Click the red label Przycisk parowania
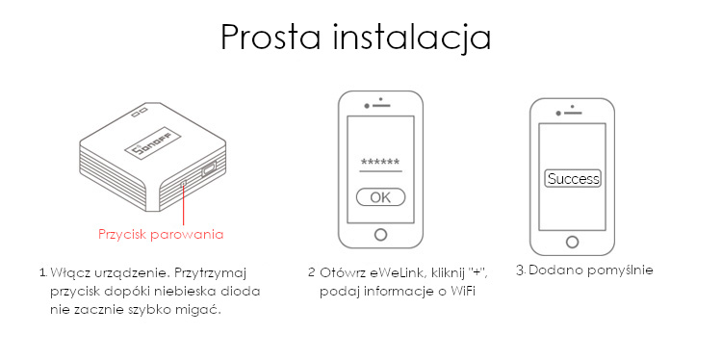pos(161,234)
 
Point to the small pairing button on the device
pos(184,183)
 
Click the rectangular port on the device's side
pos(208,169)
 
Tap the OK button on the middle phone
pos(381,197)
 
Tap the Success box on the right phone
pos(573,179)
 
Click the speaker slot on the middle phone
pos(381,106)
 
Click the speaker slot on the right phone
pos(573,113)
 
